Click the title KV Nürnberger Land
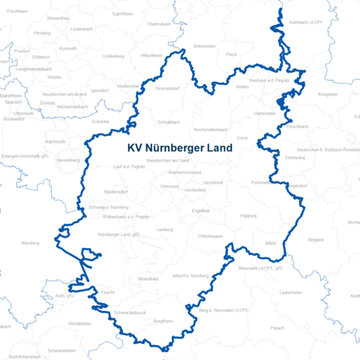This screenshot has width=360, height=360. pyautogui.click(x=180, y=148)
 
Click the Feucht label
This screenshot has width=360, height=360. pyautogui.click(x=107, y=290)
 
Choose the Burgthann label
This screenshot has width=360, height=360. pyautogui.click(x=163, y=321)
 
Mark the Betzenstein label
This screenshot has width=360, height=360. pyautogui.click(x=205, y=46)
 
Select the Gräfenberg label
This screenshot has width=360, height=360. pyautogui.click(x=113, y=55)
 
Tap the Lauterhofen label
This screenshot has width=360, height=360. pyautogui.click(x=289, y=292)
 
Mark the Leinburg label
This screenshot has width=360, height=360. pyautogui.click(x=164, y=229)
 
